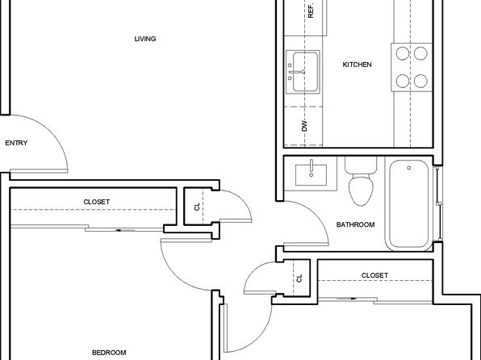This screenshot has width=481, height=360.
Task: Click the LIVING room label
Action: point(145,39)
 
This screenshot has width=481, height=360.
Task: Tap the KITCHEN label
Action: point(357,65)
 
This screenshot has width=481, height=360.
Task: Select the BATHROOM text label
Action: point(356,224)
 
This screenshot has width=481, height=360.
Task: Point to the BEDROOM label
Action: point(109,353)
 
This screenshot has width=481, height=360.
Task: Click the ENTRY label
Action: point(16,143)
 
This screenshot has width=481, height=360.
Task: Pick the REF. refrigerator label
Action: point(311,10)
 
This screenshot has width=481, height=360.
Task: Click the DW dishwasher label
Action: point(304,126)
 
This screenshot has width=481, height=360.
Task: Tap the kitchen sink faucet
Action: point(297,72)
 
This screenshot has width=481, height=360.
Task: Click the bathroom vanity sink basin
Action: point(311,175)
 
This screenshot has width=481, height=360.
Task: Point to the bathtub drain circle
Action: point(409,168)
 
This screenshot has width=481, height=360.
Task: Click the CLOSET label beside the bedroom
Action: point(97,202)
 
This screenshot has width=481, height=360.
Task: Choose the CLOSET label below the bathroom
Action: point(374,275)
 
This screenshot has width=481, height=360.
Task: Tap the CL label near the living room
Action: point(197,207)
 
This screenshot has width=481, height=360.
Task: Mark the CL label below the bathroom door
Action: point(299,278)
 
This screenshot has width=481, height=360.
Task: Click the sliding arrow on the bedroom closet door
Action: point(125,230)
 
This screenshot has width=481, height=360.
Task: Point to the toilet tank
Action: point(361,165)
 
